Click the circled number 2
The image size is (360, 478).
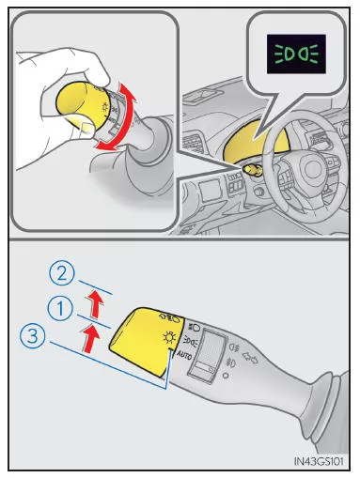(62, 273)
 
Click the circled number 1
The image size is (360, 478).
(60, 308)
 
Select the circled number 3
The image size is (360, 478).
(33, 337)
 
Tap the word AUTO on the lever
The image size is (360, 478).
(184, 355)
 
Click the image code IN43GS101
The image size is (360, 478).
(319, 461)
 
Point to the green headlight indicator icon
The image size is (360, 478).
(296, 54)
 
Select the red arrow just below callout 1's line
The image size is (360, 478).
(90, 338)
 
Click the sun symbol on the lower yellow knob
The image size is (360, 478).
(169, 338)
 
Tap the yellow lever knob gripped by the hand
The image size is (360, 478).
(80, 105)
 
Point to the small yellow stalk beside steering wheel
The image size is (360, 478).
(251, 170)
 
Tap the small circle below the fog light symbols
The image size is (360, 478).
(226, 375)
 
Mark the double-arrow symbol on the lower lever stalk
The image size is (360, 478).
(250, 358)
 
